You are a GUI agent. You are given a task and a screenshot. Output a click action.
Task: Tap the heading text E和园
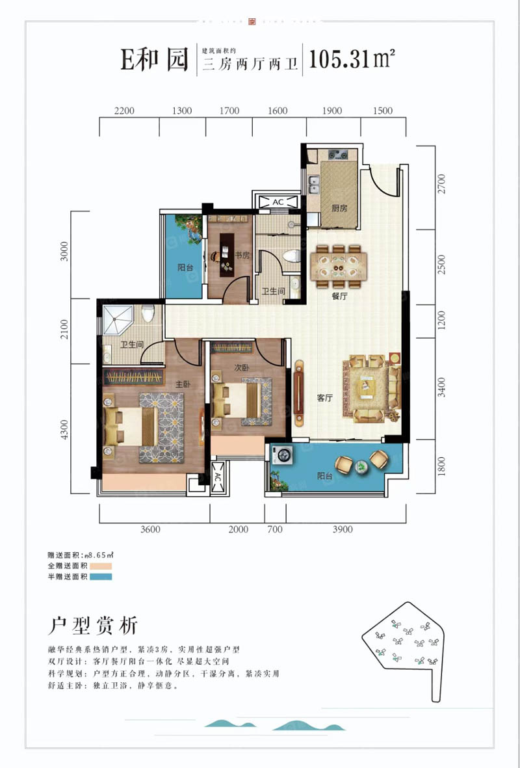[153, 60]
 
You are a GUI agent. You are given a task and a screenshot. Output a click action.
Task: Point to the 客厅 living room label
[325, 399]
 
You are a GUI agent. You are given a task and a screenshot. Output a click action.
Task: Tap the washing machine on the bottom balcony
[283, 455]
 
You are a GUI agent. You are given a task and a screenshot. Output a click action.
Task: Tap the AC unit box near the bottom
[217, 477]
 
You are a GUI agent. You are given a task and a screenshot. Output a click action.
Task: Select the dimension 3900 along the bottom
[342, 529]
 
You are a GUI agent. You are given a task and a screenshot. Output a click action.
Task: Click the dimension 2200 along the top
[123, 111]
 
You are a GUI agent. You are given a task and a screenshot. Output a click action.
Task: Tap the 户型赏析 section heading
[94, 626]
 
